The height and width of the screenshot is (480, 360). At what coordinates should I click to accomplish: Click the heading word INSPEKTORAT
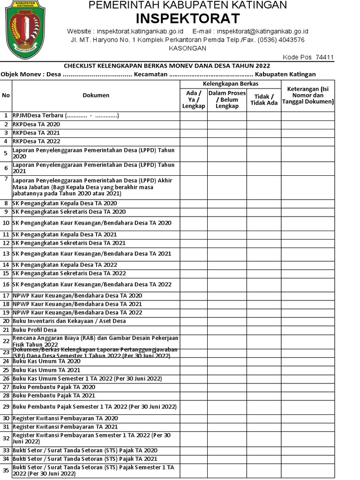187,19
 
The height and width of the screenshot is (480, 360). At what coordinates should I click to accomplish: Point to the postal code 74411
324,57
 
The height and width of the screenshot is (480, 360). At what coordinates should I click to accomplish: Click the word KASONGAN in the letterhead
187,48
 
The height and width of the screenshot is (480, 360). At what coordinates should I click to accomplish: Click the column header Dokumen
96,95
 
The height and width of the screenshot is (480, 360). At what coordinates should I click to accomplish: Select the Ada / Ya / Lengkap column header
194,99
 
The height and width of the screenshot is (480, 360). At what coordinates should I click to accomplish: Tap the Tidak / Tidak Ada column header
264,99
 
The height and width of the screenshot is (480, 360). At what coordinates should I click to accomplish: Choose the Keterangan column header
308,95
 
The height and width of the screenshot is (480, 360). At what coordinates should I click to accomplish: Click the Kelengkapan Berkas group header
231,83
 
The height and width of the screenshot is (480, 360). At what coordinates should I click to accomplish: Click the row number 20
6,321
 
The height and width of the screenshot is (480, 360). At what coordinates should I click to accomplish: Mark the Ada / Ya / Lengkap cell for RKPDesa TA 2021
194,133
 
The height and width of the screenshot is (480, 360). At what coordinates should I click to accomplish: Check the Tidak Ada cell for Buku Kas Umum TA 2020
264,361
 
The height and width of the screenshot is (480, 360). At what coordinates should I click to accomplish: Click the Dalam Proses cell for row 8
227,203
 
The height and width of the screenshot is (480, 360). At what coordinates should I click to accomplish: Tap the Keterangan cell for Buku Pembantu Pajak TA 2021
308,396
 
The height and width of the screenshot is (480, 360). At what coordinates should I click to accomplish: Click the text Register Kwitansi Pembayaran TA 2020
65,418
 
